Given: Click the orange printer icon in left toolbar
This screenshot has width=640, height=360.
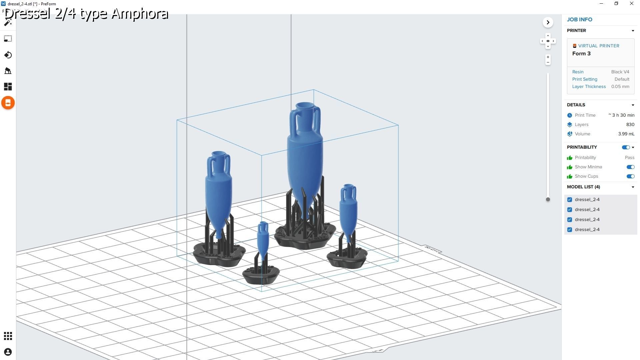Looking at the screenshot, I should coord(8,103).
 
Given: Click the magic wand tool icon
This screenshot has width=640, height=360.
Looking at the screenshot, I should coord(8,22).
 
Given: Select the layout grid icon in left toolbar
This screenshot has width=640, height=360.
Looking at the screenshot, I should coord(8,87).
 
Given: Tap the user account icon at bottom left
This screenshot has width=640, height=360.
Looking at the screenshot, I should coord(8,352).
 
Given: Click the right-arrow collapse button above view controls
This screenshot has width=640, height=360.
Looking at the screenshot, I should coord(548,22).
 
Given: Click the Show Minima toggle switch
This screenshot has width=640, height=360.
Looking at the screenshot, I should coord(630,167).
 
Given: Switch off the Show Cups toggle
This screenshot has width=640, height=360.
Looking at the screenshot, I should coord(630,176).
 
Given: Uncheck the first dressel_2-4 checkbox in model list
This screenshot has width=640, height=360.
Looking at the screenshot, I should coord(570,200).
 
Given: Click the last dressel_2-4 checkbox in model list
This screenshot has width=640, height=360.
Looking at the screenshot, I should coord(570,230).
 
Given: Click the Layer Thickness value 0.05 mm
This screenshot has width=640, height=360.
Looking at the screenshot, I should coord(620,87).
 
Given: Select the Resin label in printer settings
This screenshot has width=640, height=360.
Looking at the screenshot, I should coord(578,72).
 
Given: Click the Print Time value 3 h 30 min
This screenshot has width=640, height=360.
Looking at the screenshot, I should coord(621,115).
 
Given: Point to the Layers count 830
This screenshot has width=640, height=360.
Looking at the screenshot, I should coord(630,125).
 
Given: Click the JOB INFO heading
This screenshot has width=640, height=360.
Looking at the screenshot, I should coord(579,20).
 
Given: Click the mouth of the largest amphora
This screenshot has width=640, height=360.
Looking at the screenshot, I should coord(305,106).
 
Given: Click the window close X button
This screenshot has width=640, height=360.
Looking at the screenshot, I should coord(631,4).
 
